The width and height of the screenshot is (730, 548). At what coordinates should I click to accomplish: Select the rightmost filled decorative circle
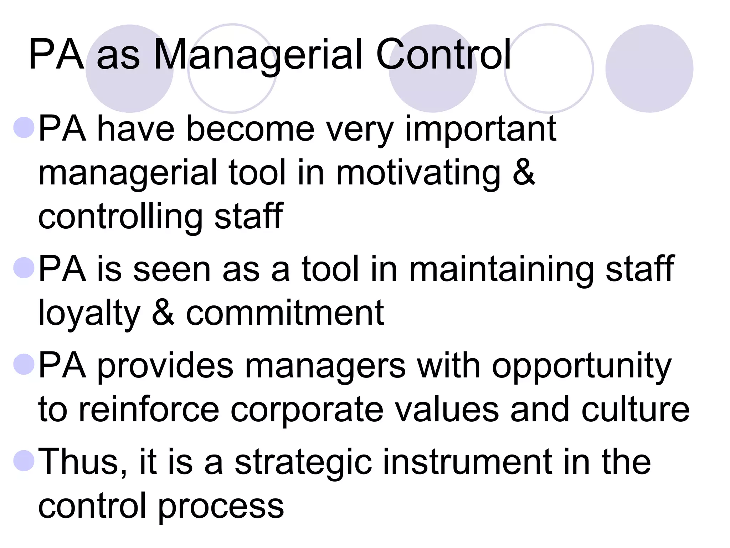coord(649,68)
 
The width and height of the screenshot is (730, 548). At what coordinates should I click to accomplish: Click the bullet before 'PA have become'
coord(24,127)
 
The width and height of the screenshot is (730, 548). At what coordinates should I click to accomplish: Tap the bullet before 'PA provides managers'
coord(24,364)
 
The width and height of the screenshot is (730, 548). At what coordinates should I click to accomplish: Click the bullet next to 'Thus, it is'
coord(24,460)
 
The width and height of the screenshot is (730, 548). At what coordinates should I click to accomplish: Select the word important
coord(480,129)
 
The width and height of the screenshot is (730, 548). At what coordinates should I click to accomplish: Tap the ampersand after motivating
coord(524,173)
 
